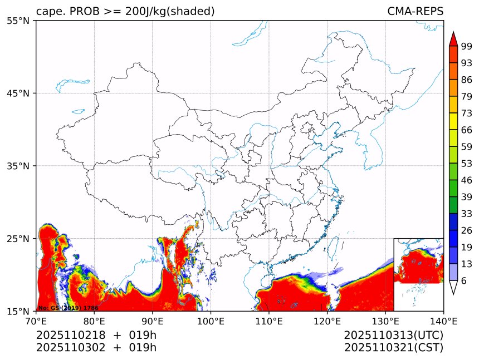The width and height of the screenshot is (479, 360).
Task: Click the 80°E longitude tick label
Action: (x=94, y=320)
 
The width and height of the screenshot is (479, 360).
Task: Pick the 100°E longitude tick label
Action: (x=211, y=320)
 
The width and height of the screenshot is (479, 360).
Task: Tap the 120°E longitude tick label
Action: (x=327, y=320)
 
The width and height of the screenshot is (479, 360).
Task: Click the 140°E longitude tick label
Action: (x=443, y=320)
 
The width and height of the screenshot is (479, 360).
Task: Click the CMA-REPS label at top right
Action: (x=415, y=12)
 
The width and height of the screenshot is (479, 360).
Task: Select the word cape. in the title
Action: (x=51, y=12)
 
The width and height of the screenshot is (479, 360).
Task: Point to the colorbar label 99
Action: (x=467, y=47)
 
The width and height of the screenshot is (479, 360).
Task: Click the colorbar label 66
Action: (x=467, y=130)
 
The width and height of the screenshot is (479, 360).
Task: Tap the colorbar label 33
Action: (x=467, y=214)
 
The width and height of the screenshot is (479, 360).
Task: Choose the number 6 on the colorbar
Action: (x=464, y=281)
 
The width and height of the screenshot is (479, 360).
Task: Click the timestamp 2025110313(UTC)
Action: (x=393, y=335)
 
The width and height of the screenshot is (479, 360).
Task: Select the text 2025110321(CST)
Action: (x=393, y=348)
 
